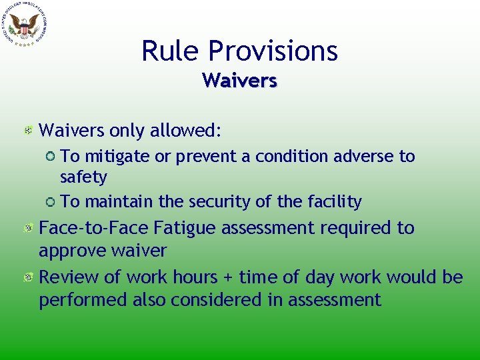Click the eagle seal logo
[24, 25]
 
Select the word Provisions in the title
[273, 51]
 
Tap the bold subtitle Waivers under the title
[240, 81]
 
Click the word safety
[83, 177]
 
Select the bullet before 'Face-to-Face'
[28, 229]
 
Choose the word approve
[73, 251]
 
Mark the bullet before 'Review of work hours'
[28, 277]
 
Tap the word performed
[83, 300]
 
